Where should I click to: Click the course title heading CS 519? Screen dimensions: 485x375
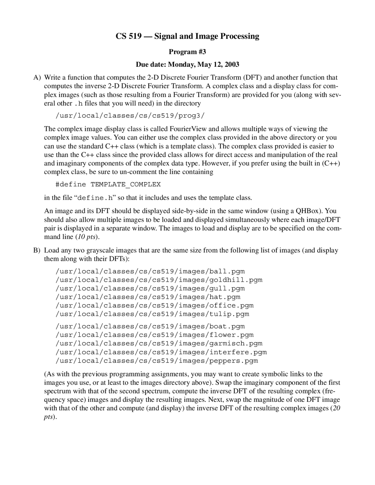point(187,36)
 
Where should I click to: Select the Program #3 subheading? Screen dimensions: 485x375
point(187,52)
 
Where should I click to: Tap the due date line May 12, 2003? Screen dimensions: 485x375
point(187,64)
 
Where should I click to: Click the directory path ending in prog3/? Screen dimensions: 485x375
point(130,116)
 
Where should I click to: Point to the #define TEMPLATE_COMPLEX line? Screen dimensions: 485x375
point(108,185)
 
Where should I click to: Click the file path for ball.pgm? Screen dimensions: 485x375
point(150,271)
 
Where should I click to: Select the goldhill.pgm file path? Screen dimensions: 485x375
point(159,280)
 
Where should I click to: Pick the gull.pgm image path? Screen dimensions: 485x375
point(150,288)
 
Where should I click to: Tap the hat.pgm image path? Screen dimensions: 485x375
point(148,297)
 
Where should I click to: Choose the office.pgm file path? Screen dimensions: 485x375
point(154,305)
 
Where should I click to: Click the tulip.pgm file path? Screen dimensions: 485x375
point(152,314)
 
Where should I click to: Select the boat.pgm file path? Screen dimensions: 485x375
point(150,326)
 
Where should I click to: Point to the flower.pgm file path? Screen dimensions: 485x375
point(154,335)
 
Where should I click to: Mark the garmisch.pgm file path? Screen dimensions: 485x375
point(159,343)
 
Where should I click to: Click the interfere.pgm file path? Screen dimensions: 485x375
point(161,352)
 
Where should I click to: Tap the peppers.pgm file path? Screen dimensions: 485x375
point(157,361)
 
